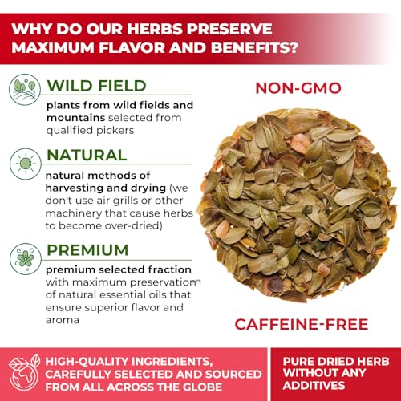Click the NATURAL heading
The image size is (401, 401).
87,155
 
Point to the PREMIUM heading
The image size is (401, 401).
88,249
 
